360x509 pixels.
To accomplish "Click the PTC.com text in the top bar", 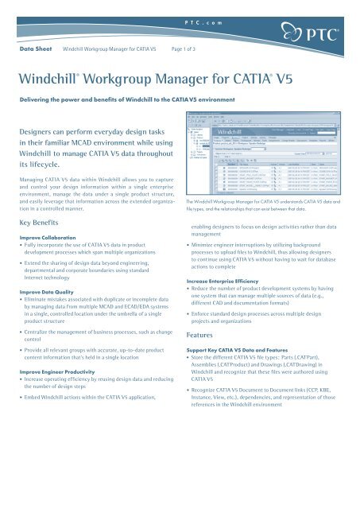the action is pos(180,6).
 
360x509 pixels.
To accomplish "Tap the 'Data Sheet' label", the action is pos(36,49).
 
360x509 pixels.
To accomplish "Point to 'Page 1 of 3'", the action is pos(189,49).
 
